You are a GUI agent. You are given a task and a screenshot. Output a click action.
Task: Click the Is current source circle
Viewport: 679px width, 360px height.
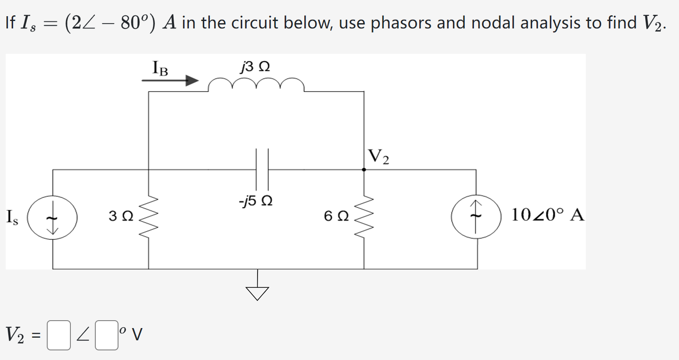[x=52, y=217]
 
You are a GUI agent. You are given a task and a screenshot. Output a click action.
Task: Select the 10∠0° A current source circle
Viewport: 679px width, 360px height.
[x=476, y=217]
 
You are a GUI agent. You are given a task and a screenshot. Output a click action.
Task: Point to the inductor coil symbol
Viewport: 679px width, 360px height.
[x=256, y=84]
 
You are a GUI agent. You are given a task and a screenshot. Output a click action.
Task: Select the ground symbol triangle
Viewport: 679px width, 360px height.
[x=258, y=293]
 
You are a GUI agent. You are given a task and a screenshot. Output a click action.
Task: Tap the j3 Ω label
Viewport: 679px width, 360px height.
[x=255, y=66]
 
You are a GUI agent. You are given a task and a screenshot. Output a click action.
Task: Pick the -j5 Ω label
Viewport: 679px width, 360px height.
[x=256, y=201]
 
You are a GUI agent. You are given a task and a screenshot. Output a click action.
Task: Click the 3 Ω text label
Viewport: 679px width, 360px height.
[x=121, y=216]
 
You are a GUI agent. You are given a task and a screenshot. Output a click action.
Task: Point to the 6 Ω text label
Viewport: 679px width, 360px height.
[x=336, y=216]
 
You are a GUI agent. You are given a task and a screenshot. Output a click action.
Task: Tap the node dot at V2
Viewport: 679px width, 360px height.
[x=364, y=170]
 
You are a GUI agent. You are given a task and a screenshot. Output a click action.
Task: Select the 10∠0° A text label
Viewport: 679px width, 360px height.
[x=547, y=215]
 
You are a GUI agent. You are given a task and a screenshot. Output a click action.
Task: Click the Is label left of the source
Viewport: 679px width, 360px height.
[x=12, y=217]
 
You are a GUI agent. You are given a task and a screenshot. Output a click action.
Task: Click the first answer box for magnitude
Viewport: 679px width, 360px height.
[x=59, y=336]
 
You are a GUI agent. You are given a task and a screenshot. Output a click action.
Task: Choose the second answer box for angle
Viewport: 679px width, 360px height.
[x=107, y=336]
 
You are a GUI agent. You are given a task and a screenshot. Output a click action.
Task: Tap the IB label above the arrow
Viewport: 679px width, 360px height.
[x=160, y=68]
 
